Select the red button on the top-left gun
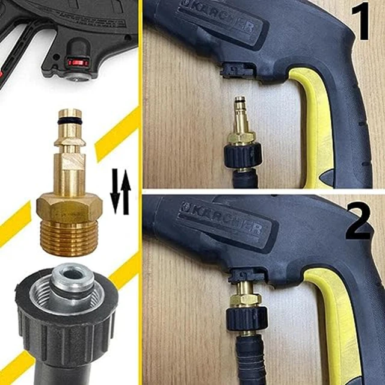[78, 62]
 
